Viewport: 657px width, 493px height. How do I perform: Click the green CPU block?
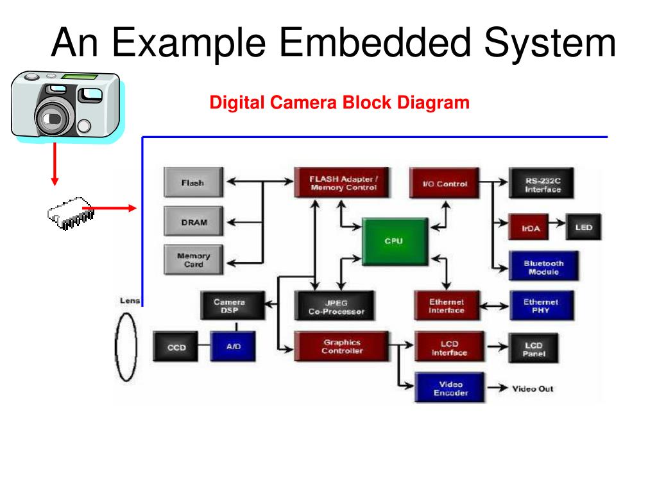pos(393,241)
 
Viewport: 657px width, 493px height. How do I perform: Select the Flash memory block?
pos(193,182)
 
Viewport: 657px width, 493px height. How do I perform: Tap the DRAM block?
pos(193,222)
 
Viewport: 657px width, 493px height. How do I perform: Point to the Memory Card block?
pos(193,260)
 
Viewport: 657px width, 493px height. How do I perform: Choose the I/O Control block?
pos(445,184)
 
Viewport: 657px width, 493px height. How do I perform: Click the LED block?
pos(583,227)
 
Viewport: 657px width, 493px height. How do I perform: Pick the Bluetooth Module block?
pos(543,267)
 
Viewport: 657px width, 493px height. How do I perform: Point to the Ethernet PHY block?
pos(541,306)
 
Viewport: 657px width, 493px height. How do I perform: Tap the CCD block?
pos(176,347)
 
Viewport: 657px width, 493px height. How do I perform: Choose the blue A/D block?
pos(233,347)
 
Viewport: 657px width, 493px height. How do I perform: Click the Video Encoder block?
pos(450,388)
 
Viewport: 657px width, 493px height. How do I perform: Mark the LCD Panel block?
pos(534,349)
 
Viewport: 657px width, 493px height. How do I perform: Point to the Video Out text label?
pos(533,388)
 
